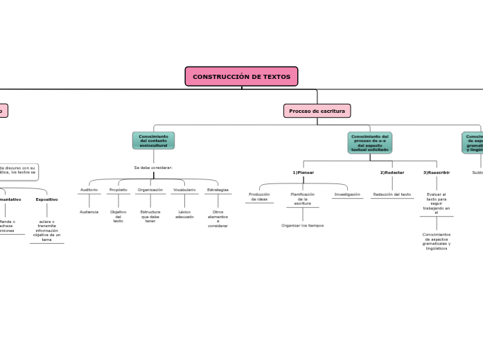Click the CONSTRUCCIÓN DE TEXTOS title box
(241, 76)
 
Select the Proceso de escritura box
(317, 111)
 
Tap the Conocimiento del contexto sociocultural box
(153, 141)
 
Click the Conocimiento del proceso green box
(369, 142)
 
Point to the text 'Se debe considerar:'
(153, 168)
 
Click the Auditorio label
(89, 190)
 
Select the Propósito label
(118, 190)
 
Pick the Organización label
(150, 190)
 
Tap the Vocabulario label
(184, 190)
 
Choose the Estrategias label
(218, 190)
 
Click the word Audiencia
(89, 211)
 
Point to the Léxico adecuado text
(184, 214)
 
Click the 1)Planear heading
(303, 172)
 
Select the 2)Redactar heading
(392, 172)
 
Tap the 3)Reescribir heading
(437, 172)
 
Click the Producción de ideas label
(258, 197)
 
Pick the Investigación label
(347, 195)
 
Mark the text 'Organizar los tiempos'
(302, 226)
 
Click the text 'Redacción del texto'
(392, 195)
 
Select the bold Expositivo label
(46, 199)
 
